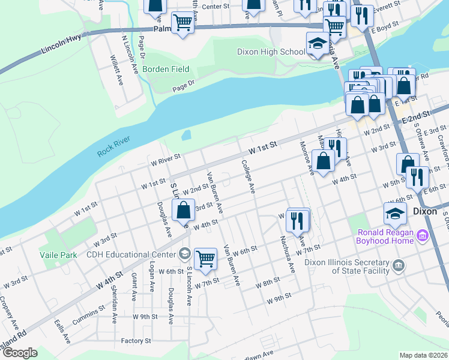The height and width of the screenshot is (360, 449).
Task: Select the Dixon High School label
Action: coord(271,52)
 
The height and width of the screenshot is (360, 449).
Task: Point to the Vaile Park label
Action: coord(58,255)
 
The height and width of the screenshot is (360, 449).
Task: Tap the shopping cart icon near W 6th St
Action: coord(205,259)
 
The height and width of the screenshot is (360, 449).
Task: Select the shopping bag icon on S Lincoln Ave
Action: coord(184,211)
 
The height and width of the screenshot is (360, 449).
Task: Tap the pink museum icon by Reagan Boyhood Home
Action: coord(423,236)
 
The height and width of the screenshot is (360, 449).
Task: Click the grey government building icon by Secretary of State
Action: coord(397,265)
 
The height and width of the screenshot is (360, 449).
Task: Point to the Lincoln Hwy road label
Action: coord(61,46)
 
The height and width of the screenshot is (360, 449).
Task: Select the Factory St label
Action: coord(135,341)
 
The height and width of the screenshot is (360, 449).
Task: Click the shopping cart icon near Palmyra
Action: coord(182,23)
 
